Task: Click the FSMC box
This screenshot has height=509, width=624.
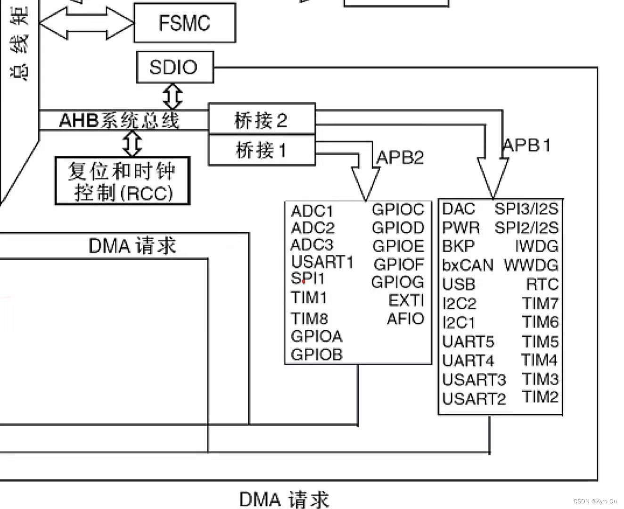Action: [185, 23]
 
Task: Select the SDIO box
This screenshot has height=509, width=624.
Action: [175, 67]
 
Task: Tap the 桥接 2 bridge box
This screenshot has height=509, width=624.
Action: [262, 120]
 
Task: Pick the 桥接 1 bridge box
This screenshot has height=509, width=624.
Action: [262, 150]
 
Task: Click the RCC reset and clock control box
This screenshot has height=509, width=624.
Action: [122, 181]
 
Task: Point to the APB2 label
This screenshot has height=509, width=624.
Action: [400, 157]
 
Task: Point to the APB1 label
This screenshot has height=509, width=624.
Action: [527, 145]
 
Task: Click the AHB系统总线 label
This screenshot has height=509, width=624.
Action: [119, 120]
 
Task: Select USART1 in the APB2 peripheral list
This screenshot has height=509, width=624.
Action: [322, 262]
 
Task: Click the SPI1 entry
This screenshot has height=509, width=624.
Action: [308, 279]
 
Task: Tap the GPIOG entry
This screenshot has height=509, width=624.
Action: [397, 282]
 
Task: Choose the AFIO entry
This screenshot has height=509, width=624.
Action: [405, 319]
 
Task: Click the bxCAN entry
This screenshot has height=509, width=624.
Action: [468, 265]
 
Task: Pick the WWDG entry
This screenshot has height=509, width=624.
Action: [531, 265]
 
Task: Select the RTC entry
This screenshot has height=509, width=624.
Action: [542, 284]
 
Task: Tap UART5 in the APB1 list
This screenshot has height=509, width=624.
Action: [468, 341]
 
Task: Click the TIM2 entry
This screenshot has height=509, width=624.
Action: [540, 397]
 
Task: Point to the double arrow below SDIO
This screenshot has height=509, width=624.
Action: [172, 96]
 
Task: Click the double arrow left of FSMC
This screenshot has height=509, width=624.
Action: [86, 22]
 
